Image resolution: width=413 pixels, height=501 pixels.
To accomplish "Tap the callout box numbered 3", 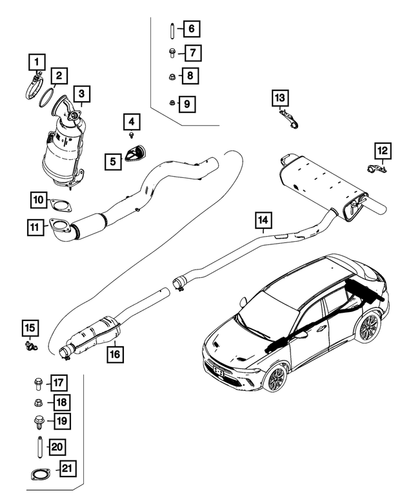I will [x=81, y=95].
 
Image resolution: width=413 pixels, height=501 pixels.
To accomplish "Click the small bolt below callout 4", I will [x=131, y=135].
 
